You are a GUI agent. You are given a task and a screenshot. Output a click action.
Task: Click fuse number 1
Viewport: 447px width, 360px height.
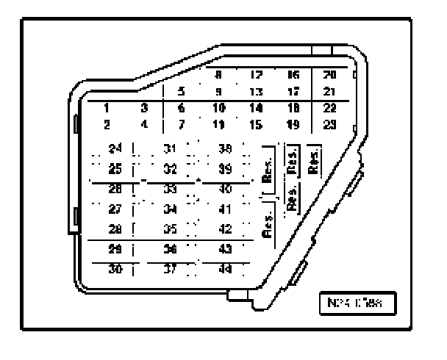click(x=107, y=107)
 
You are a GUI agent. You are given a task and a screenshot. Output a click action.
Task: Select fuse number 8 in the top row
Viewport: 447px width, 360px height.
click(x=218, y=74)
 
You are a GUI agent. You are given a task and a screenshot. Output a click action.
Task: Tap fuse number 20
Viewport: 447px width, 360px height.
click(x=330, y=74)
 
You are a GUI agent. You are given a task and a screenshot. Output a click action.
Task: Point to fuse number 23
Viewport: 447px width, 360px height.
click(x=330, y=124)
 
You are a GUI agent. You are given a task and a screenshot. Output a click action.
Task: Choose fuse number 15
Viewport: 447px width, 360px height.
click(x=256, y=124)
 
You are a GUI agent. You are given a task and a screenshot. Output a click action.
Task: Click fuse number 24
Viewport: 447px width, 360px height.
click(x=114, y=148)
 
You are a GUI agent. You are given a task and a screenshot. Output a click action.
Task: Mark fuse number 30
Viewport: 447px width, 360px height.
click(x=114, y=269)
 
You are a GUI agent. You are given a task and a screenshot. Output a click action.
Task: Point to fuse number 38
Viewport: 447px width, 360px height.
click(x=226, y=148)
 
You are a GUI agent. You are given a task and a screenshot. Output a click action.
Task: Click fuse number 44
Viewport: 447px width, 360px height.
click(x=226, y=269)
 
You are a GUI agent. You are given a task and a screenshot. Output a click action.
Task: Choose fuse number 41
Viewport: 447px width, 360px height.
click(x=226, y=209)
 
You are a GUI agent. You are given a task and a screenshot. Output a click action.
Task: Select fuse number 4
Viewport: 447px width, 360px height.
click(x=144, y=124)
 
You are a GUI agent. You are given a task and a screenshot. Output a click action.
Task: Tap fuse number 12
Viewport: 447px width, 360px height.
click(x=256, y=74)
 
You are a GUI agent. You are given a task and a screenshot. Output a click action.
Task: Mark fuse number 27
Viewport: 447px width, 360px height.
click(x=114, y=209)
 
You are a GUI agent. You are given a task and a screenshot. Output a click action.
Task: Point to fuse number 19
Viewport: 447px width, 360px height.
click(x=293, y=124)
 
